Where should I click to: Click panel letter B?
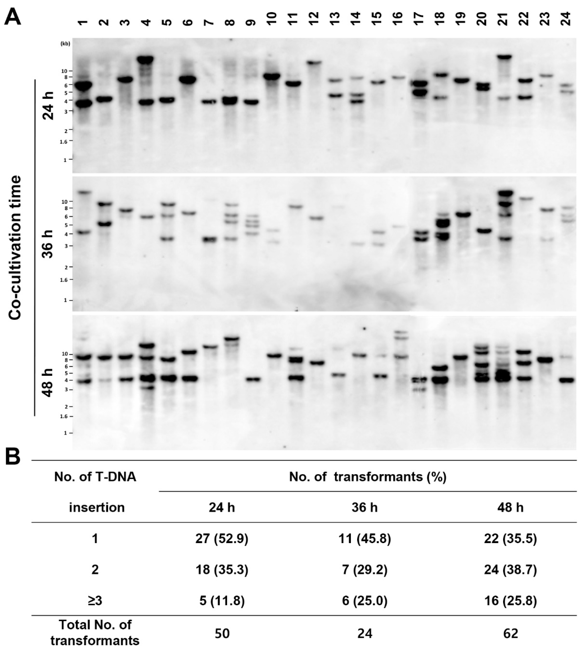[x=13, y=457]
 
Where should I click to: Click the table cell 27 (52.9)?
[x=222, y=539]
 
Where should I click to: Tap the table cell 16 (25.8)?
[x=510, y=601]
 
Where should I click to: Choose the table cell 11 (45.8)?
[x=365, y=539]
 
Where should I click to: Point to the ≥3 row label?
[x=95, y=601]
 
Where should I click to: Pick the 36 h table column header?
[x=365, y=508]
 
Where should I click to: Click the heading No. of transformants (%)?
[x=368, y=477]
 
